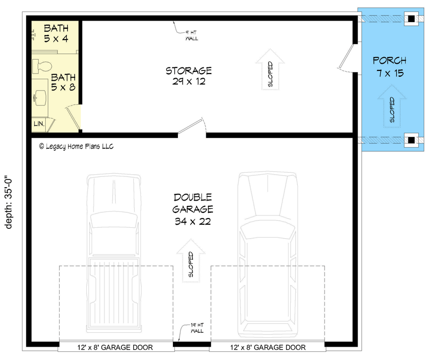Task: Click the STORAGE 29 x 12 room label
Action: click(x=189, y=76)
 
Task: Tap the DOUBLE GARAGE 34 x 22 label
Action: click(x=192, y=209)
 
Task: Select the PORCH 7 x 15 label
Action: click(x=389, y=66)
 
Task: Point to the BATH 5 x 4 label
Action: click(x=56, y=33)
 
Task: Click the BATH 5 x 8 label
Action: click(x=63, y=82)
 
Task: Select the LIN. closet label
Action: click(x=39, y=124)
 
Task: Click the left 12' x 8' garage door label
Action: click(x=115, y=348)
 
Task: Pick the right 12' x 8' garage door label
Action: click(x=268, y=348)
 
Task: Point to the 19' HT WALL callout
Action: click(x=196, y=328)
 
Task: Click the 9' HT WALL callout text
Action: click(x=191, y=35)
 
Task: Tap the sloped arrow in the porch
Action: click(x=392, y=106)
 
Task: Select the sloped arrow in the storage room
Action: click(x=271, y=69)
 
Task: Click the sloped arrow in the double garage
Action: click(x=191, y=261)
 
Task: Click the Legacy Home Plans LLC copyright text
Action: click(x=76, y=147)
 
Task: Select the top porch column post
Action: click(x=411, y=19)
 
